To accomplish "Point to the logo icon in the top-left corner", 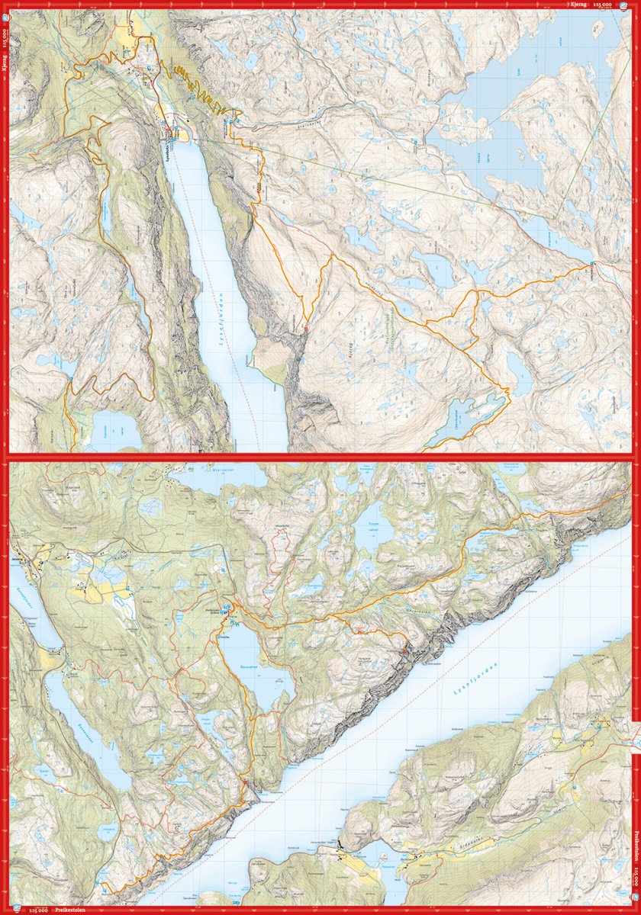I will point(6,6).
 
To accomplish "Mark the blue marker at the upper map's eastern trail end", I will point(592,264).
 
